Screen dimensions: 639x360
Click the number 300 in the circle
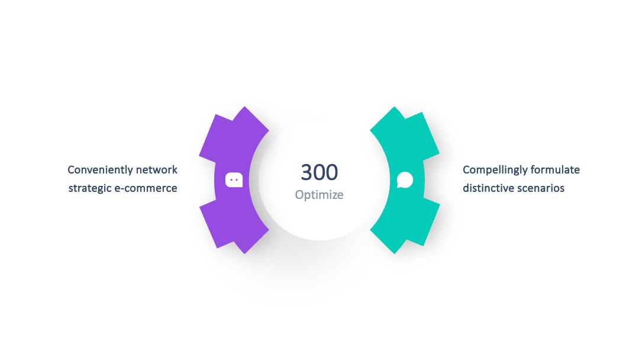point(319,172)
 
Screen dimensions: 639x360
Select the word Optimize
point(319,195)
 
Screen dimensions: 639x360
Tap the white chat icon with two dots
point(234,180)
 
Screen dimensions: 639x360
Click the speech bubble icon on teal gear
point(405,180)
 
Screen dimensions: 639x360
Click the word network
point(157,169)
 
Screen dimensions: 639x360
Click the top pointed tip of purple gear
point(244,107)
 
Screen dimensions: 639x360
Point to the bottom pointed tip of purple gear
point(244,254)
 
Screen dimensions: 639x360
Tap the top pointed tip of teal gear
point(394,107)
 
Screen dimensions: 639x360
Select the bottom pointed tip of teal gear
point(394,254)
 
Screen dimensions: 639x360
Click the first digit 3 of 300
point(307,172)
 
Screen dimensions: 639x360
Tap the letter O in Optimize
point(299,194)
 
